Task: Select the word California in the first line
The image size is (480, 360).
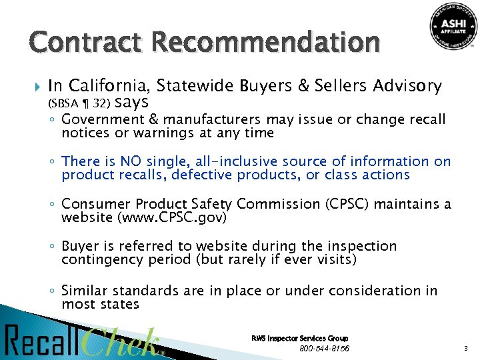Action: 111,86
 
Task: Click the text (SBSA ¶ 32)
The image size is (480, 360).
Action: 79,103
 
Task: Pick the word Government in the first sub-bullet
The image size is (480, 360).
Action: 101,119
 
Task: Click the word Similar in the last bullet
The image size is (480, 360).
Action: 83,291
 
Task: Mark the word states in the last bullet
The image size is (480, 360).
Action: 119,305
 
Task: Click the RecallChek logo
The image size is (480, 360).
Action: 83,341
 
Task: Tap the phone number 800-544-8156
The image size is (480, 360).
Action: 324,349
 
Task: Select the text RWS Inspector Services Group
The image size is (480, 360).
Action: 299,339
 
